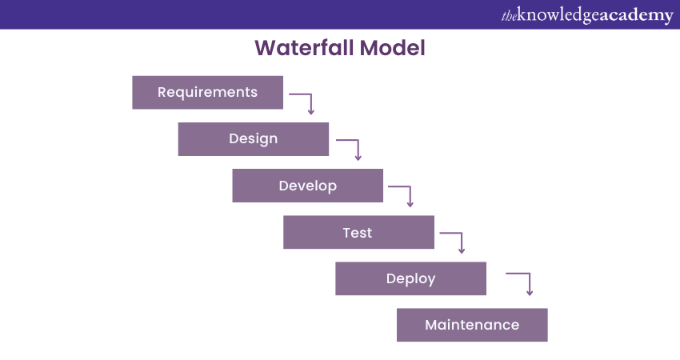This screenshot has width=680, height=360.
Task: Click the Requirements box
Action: (x=207, y=92)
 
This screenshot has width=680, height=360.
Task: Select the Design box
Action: (x=253, y=138)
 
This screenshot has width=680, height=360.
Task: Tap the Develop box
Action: (x=307, y=186)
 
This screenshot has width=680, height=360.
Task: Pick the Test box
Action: (x=358, y=232)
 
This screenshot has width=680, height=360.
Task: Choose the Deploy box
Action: (x=410, y=278)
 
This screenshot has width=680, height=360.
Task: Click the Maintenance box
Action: (x=472, y=325)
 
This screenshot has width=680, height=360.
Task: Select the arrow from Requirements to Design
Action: (x=303, y=101)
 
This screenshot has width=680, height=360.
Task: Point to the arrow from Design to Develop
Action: (x=351, y=148)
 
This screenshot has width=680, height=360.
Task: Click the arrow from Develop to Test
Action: (x=402, y=194)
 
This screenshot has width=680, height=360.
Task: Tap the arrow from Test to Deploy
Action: (x=454, y=241)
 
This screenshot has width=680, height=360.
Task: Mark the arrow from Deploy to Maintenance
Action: (x=522, y=282)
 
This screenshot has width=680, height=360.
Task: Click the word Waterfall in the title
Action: (x=304, y=48)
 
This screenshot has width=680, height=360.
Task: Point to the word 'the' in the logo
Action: (x=509, y=15)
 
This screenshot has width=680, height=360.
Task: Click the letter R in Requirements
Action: (x=162, y=92)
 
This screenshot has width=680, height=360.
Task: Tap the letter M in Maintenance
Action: (x=431, y=325)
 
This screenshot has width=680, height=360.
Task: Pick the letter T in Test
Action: (x=347, y=232)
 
